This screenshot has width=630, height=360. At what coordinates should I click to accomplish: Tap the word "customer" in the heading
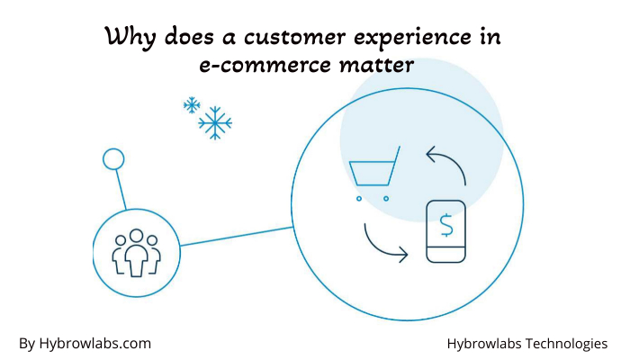click(x=294, y=37)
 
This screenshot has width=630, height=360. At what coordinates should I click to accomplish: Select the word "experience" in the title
click(x=412, y=38)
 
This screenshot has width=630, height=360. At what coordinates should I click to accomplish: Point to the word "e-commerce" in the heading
click(x=265, y=65)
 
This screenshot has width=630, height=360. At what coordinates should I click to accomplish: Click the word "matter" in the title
click(x=376, y=65)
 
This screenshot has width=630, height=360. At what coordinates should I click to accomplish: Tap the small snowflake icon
click(x=192, y=105)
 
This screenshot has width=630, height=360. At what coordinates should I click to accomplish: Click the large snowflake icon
click(x=215, y=123)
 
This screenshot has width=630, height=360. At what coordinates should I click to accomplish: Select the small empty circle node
click(x=113, y=159)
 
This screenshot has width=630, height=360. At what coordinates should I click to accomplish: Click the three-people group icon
click(x=136, y=253)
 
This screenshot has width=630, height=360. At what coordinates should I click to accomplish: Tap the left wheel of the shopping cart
click(x=359, y=199)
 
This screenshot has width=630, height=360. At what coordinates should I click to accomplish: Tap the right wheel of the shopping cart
click(x=386, y=199)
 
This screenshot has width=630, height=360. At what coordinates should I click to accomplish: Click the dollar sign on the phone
click(x=446, y=225)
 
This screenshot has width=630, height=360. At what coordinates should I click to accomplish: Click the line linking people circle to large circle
click(x=236, y=236)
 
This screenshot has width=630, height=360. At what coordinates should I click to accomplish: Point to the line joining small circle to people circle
click(x=121, y=190)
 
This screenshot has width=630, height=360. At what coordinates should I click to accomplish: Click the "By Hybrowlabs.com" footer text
click(x=85, y=344)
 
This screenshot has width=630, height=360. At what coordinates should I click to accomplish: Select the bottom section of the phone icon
click(x=446, y=255)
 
